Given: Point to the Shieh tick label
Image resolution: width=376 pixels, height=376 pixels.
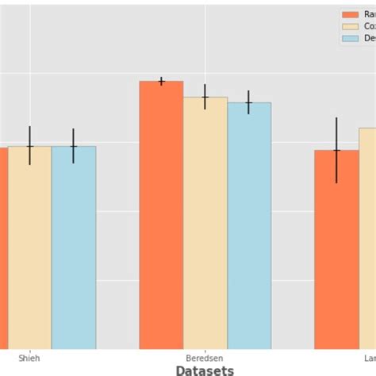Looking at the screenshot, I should coord(29,358).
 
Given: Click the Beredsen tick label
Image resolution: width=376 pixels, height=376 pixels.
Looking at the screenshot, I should coord(205,358).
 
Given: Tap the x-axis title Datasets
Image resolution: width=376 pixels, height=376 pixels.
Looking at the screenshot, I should coord(205,370).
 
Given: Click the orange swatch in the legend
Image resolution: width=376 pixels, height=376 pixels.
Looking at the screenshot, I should coord(350,14).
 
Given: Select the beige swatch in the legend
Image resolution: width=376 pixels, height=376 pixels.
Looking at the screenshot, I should coord(350,26).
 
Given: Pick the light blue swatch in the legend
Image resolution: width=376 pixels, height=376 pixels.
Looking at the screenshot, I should coord(350,38).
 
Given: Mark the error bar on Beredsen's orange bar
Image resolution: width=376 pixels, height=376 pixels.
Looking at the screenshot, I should coord(161,81).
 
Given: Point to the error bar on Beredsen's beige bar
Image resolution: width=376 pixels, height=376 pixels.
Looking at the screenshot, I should coord(205,97).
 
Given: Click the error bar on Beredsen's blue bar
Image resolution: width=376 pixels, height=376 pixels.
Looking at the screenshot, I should coord(249,102).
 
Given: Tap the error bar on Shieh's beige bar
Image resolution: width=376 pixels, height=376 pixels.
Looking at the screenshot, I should coord(29,146).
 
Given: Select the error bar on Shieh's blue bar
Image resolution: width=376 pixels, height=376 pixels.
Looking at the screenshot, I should coord(74,146).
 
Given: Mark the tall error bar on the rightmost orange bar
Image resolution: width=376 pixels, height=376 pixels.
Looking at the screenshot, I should coord(336,150).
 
